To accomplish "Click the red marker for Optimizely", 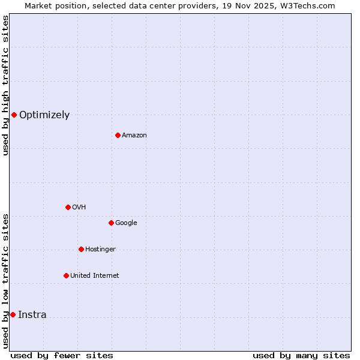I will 14,115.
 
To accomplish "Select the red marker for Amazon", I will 118,135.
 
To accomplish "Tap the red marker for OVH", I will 68,207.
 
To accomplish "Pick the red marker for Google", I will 111,223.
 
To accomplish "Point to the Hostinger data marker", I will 81,249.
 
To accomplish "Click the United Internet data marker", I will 66,275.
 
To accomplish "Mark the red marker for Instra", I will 13,314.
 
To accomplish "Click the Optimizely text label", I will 44,115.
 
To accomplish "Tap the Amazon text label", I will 134,136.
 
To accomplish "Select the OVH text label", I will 79,208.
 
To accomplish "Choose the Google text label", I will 126,223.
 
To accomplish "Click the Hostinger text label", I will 100,250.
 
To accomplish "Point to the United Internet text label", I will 95,276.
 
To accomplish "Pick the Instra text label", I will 32,315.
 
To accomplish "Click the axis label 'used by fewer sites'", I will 62,355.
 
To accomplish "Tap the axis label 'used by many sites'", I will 301,355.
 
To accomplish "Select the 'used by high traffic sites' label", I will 5,85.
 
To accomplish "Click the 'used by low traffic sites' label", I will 5,281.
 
